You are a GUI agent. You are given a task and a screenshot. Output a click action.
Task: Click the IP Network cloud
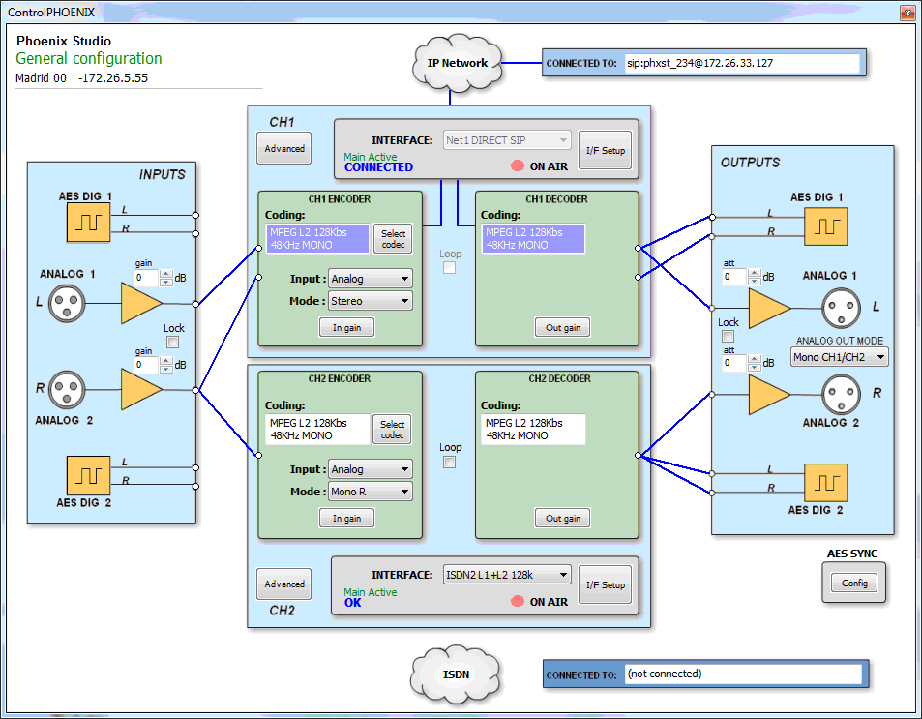pos(458,63)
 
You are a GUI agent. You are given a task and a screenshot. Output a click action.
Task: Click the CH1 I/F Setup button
pos(606,151)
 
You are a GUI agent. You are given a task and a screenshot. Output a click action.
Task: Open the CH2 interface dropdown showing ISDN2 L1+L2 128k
pos(507,575)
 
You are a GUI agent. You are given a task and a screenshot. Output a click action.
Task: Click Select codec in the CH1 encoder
pos(392,238)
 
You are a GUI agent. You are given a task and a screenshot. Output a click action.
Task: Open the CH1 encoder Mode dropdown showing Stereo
pos(371,301)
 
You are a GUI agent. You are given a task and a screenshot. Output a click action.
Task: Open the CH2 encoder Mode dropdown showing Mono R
pos(371,492)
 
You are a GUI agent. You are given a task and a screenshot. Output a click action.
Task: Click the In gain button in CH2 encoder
pos(346,519)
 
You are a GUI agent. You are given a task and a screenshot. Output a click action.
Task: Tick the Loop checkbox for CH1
pos(450,268)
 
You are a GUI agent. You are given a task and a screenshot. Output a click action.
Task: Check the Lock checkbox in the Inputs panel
pos(173,342)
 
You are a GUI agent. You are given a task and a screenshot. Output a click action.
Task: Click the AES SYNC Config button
pos(854,584)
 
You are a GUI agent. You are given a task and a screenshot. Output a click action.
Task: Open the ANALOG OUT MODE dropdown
pos(839,357)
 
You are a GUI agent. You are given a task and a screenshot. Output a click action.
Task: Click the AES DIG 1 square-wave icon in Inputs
pos(88,223)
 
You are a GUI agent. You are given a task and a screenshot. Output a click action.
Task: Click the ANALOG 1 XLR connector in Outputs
pos(842,308)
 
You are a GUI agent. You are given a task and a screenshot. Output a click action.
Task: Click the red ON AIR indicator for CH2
pos(518,602)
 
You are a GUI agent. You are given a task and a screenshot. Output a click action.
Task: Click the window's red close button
pos(907,12)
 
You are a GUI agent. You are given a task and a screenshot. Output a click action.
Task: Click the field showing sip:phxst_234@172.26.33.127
pos(741,63)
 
